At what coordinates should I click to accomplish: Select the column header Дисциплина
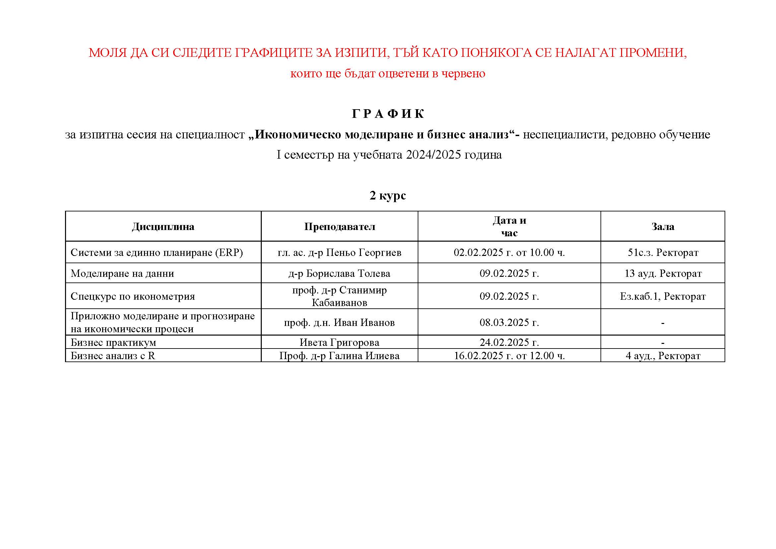point(163,226)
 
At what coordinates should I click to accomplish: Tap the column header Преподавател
point(339,226)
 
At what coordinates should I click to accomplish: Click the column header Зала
point(663,226)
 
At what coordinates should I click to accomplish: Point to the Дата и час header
point(509,226)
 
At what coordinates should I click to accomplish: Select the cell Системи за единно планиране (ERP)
point(157,253)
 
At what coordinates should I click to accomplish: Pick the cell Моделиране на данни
point(122,273)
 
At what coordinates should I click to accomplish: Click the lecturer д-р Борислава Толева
point(339,273)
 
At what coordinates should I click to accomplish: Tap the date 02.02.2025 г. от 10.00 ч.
point(509,253)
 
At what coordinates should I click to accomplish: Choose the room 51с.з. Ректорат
point(663,253)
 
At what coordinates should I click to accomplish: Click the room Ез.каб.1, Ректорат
point(663,296)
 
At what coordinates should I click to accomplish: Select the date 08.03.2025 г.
point(509,322)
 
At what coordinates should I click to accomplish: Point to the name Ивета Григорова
point(339,343)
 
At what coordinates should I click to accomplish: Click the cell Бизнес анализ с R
point(113,355)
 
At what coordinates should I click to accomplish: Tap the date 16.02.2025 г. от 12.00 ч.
point(509,355)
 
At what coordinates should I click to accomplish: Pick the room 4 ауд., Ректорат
point(663,355)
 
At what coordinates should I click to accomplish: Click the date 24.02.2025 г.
point(509,343)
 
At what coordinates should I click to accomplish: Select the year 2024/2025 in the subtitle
point(433,155)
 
